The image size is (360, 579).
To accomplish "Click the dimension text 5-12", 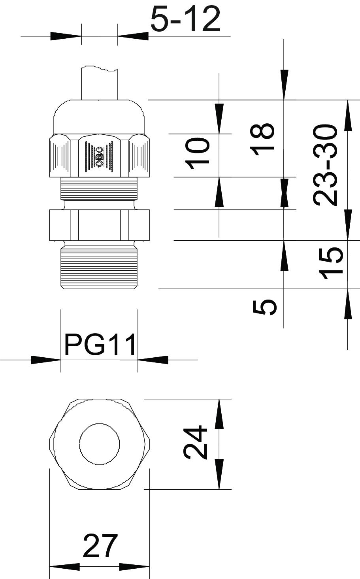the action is [185, 19].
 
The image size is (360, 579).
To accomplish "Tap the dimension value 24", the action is [195, 443].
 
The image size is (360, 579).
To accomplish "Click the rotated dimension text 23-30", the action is [325, 165].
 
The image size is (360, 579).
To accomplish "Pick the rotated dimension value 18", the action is [262, 140].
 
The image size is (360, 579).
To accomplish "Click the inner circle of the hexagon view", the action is [100, 444].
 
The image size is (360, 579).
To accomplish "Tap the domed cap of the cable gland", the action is [99, 117].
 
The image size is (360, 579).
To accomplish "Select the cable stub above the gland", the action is [100, 83].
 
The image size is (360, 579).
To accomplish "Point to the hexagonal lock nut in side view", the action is [100, 225].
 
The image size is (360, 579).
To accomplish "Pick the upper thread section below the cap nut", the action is [99, 189].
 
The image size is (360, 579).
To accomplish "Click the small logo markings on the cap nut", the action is [99, 157].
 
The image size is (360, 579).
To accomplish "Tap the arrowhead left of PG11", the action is [46, 360].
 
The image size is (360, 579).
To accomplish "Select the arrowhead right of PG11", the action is [153, 360].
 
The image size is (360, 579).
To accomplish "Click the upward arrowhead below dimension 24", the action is [219, 474].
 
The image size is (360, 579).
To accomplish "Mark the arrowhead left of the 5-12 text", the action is [66, 36].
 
